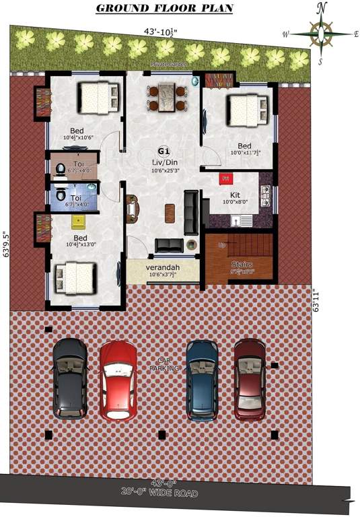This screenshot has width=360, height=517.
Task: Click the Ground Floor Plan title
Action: (x=164, y=8)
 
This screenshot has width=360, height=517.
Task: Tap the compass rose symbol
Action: (x=321, y=33)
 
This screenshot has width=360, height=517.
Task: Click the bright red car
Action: (x=118, y=380)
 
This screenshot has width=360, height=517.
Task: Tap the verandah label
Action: (x=162, y=268)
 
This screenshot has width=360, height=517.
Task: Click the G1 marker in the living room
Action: (x=164, y=151)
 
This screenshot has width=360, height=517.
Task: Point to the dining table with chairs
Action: (x=167, y=97)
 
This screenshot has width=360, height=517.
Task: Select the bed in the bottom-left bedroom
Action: (x=75, y=277)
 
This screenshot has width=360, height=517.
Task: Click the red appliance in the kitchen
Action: (x=225, y=178)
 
